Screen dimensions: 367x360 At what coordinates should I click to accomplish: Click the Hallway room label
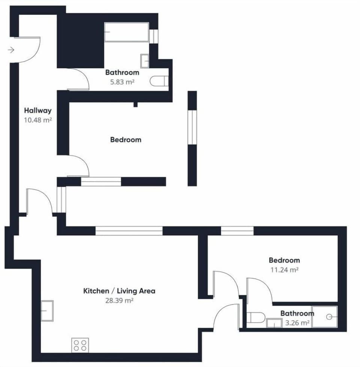pos(37,111)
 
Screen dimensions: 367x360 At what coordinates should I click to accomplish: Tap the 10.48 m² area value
pos(37,120)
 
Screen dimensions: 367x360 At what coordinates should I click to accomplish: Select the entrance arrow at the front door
pos(11,50)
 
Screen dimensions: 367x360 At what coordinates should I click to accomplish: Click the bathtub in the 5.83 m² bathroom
pos(126,32)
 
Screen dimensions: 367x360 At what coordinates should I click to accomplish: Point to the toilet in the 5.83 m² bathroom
pos(159,81)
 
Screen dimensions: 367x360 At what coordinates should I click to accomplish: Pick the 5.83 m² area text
pos(122,82)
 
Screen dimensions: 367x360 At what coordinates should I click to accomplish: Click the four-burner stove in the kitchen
pos(80,345)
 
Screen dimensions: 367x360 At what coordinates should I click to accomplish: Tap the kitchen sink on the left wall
pos(47,311)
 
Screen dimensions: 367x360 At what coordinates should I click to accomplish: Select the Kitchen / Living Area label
pos(119,291)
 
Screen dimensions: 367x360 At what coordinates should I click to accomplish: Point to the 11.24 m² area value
pos(284,270)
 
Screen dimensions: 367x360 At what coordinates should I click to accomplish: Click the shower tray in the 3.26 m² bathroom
pos(325,317)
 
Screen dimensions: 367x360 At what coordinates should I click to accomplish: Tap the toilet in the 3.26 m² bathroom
pos(257,318)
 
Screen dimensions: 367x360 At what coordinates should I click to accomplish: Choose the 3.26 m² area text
pos(298,323)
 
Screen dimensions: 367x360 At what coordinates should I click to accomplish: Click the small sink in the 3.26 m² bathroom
pos(274,323)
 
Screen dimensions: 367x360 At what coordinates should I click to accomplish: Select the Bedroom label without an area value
pos(126,140)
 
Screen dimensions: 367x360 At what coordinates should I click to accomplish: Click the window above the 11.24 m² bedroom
pos(237,230)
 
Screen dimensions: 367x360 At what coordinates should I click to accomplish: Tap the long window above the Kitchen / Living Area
pos(129,230)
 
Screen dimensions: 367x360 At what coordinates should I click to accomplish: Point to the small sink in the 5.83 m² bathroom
pos(145,60)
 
